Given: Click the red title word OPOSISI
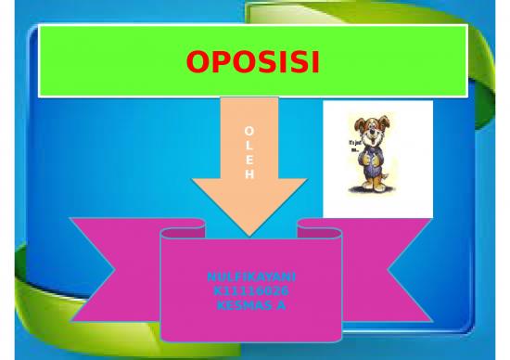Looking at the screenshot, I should click(252, 62).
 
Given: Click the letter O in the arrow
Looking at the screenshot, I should click(249, 131).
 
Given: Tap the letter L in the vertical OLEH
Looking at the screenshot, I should click(249, 146).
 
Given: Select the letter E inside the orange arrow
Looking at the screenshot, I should click(249, 160).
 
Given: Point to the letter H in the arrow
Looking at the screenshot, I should click(249, 174).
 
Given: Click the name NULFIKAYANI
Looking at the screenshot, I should click(251, 277).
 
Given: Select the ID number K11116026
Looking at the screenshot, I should click(251, 290).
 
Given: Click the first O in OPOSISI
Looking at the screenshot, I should click(198, 62).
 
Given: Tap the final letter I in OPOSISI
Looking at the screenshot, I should click(314, 62).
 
